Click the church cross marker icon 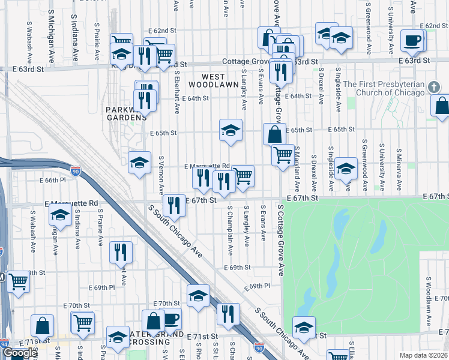pyautogui.click(x=435, y=88)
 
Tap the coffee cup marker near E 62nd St pyautogui.click(x=411, y=40)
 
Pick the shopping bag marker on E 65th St pyautogui.click(x=274, y=134)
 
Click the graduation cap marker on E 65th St pyautogui.click(x=230, y=130)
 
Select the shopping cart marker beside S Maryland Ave pyautogui.click(x=282, y=155)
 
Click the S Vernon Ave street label pyautogui.click(x=161, y=175)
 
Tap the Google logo pyautogui.click(x=20, y=353)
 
